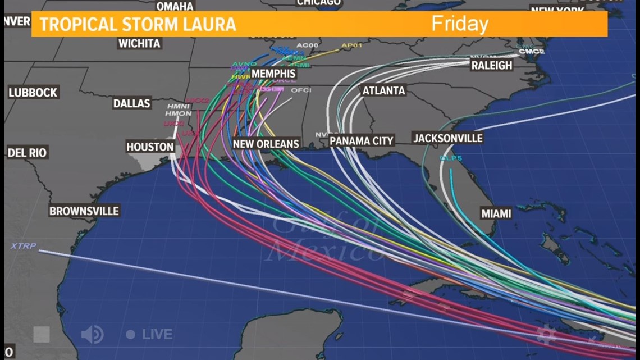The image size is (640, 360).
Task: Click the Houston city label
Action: tap(150, 147)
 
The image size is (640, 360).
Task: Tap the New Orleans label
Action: tap(266, 144)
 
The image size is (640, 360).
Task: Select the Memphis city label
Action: tap(273, 74)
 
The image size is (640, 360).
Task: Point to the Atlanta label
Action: tap(384, 90)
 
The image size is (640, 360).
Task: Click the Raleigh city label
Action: tap(492, 65)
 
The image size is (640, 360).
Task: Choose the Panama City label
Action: tap(362, 140)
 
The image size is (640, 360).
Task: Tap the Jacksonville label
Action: tap(447, 138)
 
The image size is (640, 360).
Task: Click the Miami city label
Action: tap(496, 213)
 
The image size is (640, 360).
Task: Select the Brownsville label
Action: tap(84, 211)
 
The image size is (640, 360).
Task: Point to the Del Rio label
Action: tap(27, 152)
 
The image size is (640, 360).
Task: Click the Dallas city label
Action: tap(132, 103)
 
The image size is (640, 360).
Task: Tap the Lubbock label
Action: tap(33, 93)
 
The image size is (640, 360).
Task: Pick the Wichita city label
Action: tap(139, 43)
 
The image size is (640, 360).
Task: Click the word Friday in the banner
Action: tap(459, 24)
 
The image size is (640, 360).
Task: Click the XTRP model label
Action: tap(22, 246)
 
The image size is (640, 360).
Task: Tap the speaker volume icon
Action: tap(92, 335)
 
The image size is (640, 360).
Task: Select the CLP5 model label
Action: tap(451, 158)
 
